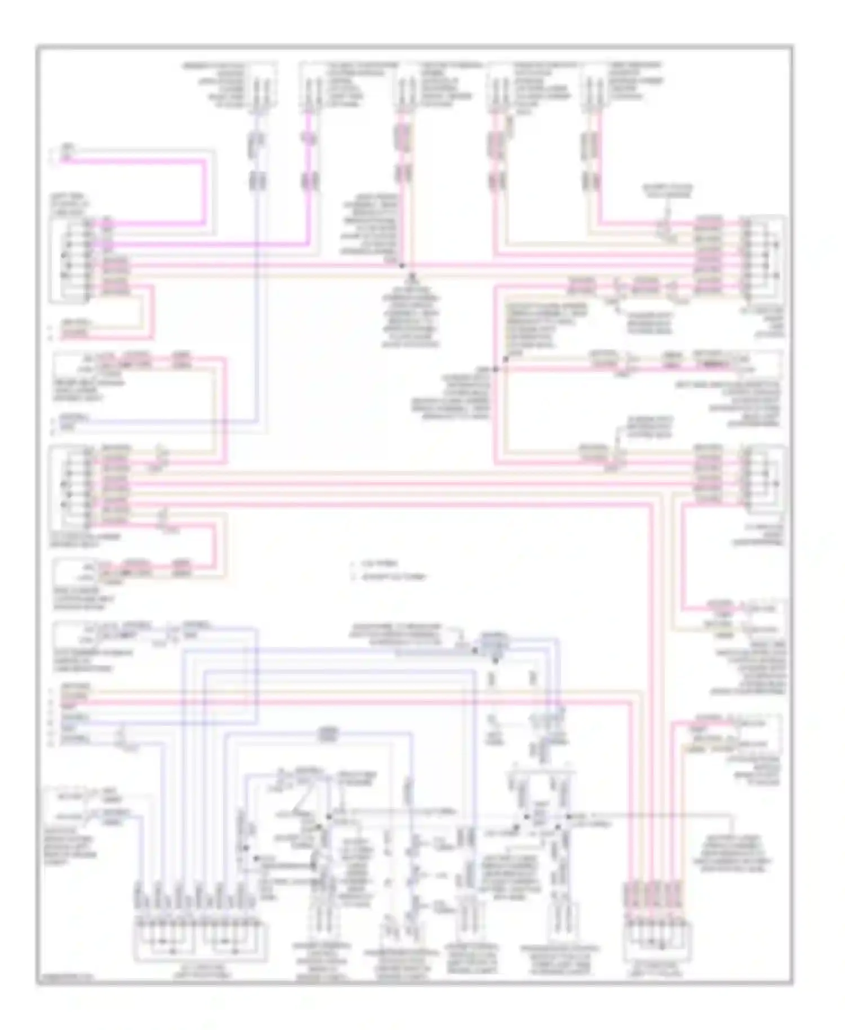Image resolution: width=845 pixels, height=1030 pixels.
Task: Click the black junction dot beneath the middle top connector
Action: tap(402, 265)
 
